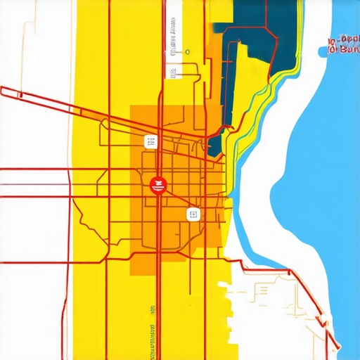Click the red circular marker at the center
click(157, 184)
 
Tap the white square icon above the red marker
click(150, 142)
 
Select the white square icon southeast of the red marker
click(193, 214)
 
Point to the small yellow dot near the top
click(188, 51)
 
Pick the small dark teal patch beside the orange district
click(215, 144)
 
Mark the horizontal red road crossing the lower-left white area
click(35, 262)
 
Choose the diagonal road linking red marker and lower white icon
click(176, 200)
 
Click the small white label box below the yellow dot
click(172, 72)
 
